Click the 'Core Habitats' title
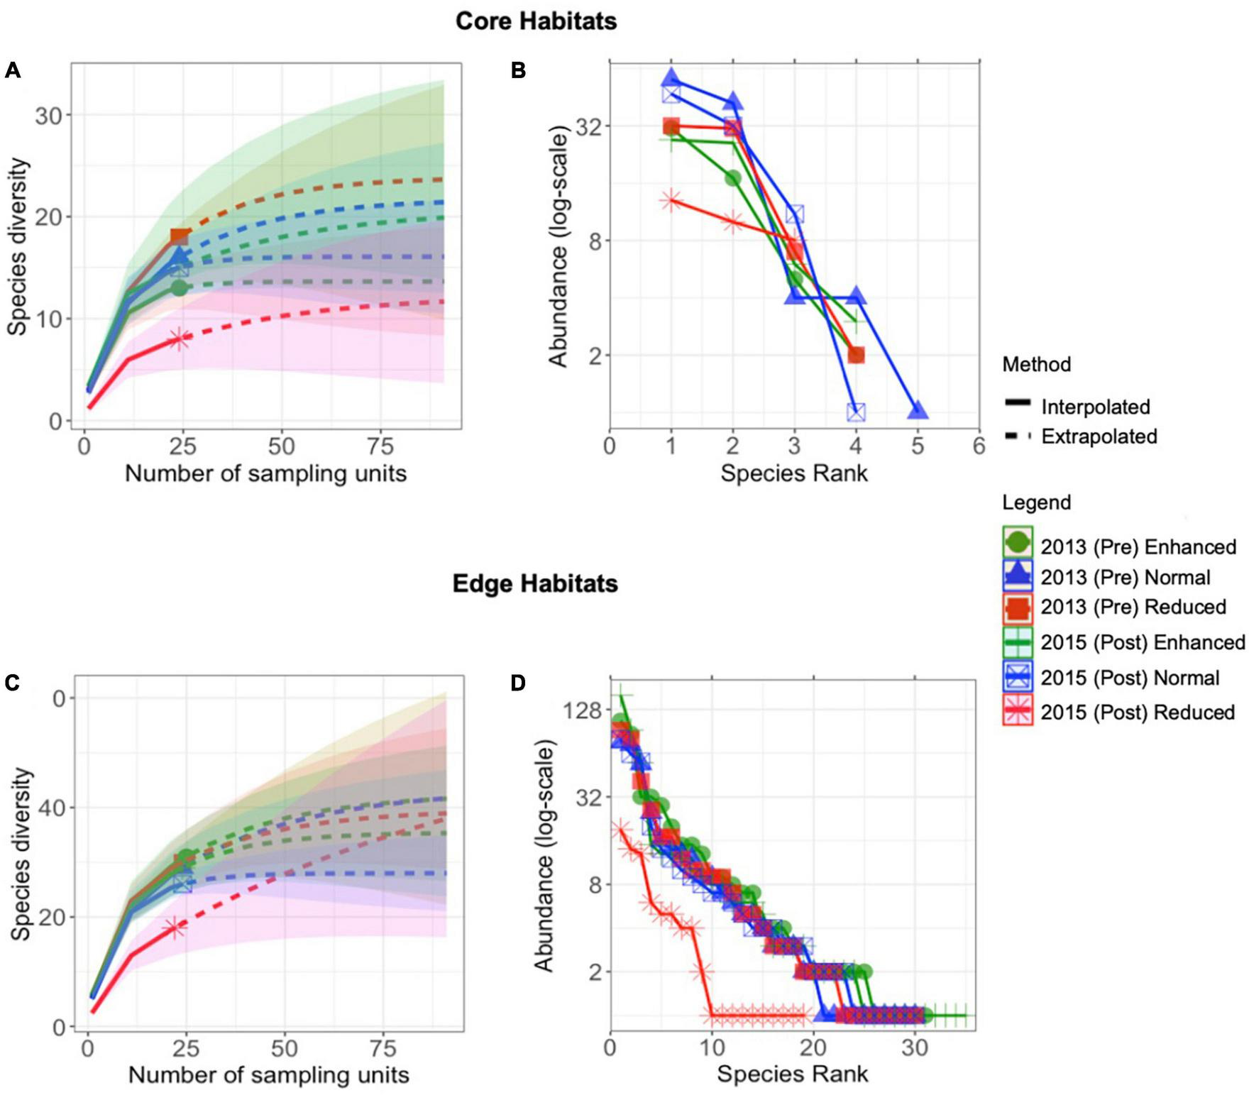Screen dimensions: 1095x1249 point(536,21)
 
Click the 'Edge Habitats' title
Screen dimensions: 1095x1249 point(535,583)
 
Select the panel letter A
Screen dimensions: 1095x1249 point(12,70)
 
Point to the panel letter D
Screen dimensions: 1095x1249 point(518,683)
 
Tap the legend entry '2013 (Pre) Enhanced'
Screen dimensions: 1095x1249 point(1138,547)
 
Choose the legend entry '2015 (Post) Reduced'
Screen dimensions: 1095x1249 point(1138,712)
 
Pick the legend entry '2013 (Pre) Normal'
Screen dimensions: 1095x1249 point(1126,577)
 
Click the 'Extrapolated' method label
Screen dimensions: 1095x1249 point(1099,436)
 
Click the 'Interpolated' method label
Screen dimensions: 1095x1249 point(1096,407)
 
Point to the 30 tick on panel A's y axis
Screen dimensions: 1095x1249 point(48,115)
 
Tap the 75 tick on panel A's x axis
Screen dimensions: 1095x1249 point(380,446)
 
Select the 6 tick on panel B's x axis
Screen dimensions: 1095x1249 point(979,446)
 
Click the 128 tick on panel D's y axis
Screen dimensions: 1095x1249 point(581,710)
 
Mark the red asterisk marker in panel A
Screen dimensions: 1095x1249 point(180,339)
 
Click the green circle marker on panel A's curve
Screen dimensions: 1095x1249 point(180,287)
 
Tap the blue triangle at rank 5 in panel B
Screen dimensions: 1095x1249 point(918,411)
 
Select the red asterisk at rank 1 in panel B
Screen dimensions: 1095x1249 point(671,201)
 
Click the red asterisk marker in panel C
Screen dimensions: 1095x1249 point(175,928)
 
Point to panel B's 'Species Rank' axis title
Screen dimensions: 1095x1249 point(793,473)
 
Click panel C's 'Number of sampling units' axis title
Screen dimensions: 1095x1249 point(268,1074)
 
